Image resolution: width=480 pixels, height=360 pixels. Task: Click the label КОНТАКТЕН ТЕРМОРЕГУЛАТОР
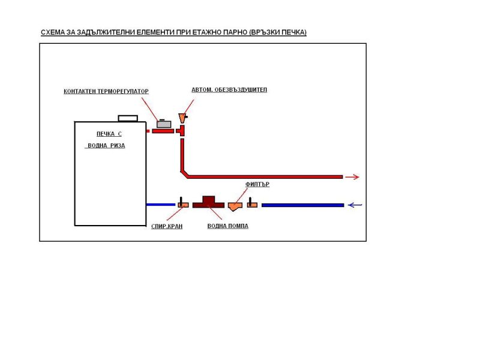pyautogui.click(x=106, y=92)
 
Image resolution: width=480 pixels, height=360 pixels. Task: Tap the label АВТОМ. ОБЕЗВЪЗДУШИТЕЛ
pyautogui.click(x=229, y=90)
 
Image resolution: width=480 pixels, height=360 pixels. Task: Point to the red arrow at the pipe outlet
pyautogui.click(x=352, y=177)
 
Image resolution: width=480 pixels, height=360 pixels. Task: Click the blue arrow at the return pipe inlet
pyautogui.click(x=355, y=205)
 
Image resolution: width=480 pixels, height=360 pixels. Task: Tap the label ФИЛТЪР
pyautogui.click(x=257, y=185)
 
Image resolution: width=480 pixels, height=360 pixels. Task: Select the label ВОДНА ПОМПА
pyautogui.click(x=227, y=226)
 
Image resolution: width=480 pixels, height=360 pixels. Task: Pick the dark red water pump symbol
pyautogui.click(x=208, y=202)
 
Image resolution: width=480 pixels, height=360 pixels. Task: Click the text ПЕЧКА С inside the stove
pyautogui.click(x=109, y=134)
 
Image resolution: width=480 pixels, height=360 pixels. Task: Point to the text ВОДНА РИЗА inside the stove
pyautogui.click(x=106, y=146)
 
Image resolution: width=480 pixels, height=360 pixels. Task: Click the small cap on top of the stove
pyautogui.click(x=127, y=118)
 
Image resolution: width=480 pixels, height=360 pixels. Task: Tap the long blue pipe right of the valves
pyautogui.click(x=302, y=205)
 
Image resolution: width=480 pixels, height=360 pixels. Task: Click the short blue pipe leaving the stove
pyautogui.click(x=161, y=205)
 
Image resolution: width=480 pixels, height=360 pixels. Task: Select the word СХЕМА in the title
pyautogui.click(x=54, y=32)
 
